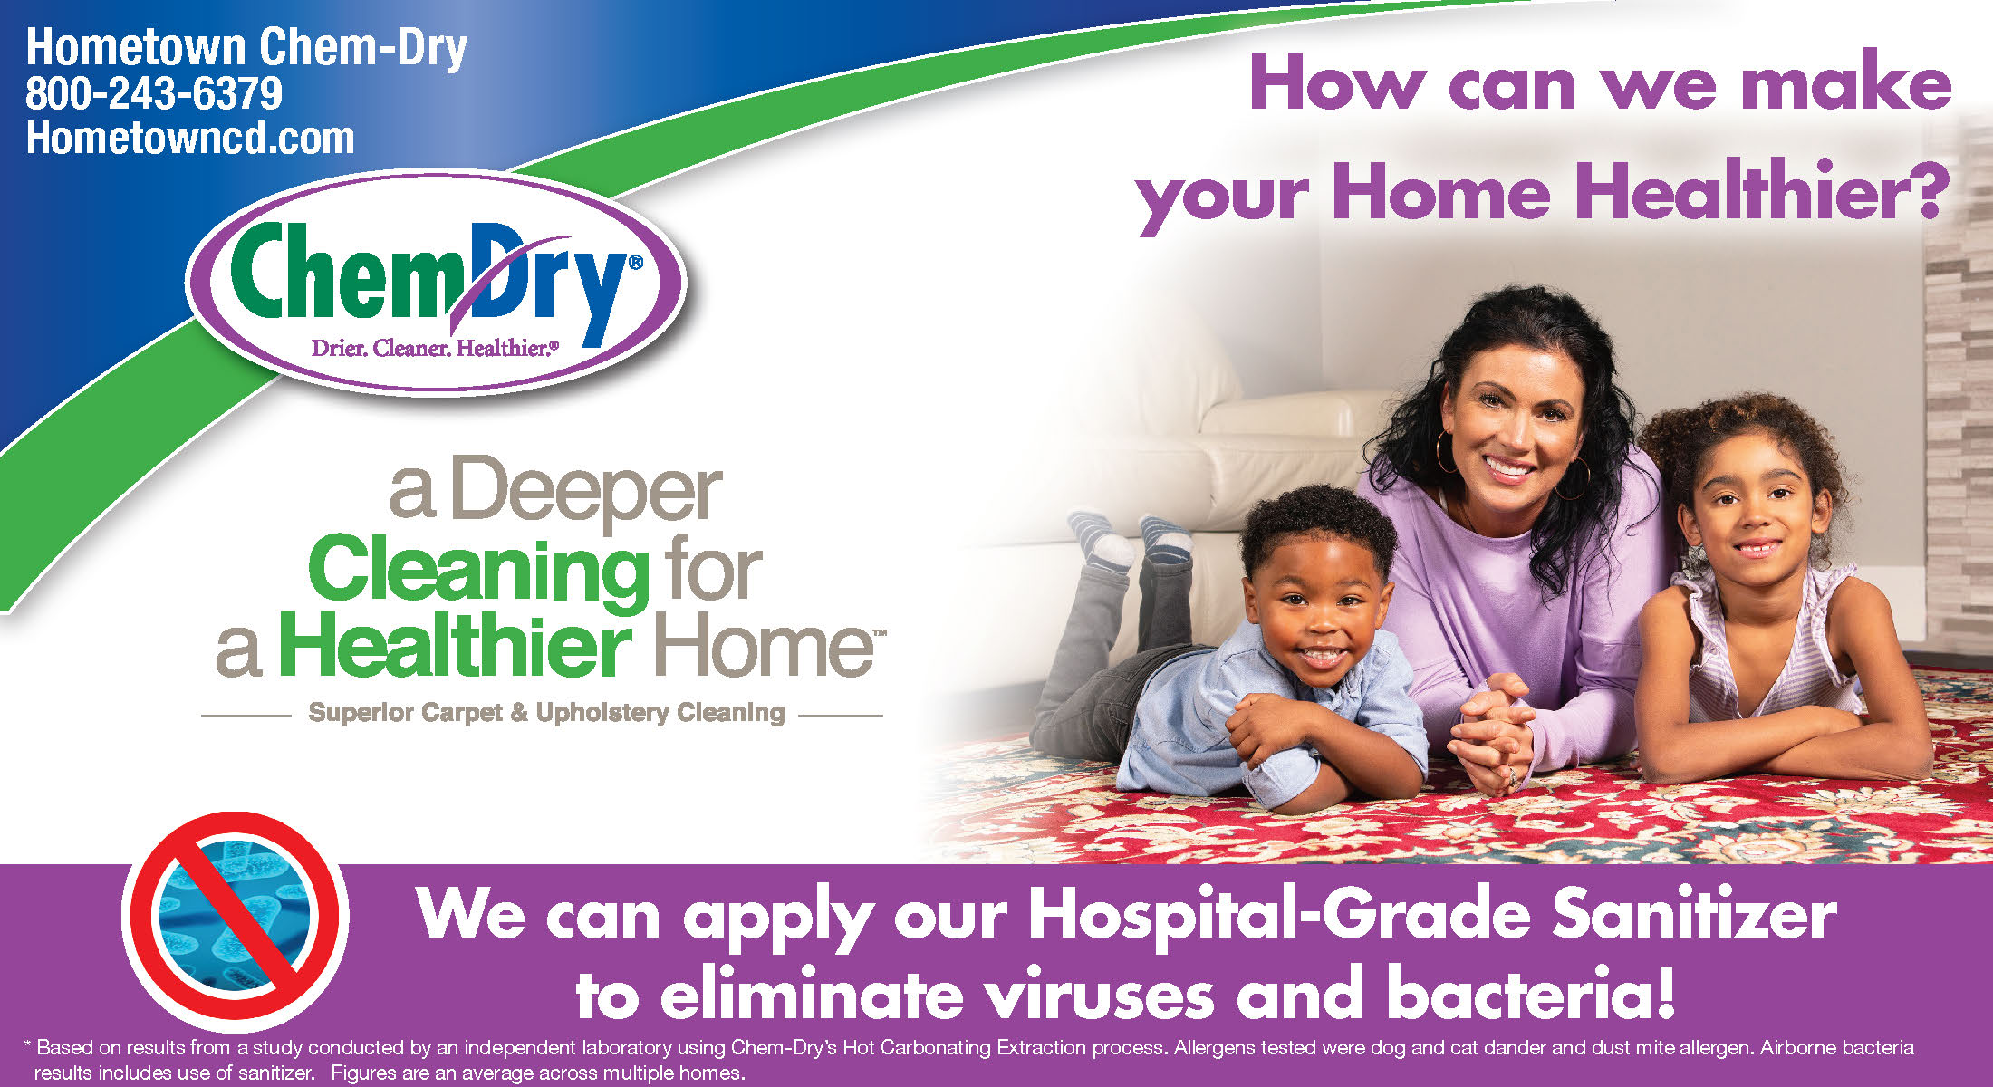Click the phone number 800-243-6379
point(154,93)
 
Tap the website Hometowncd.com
point(190,138)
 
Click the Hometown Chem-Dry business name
point(246,48)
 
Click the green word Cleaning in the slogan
point(478,569)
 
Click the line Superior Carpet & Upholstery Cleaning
point(546,713)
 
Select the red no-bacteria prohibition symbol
point(236,919)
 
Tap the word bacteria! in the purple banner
point(1530,993)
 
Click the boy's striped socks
point(1129,537)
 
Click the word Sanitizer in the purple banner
point(1695,915)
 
